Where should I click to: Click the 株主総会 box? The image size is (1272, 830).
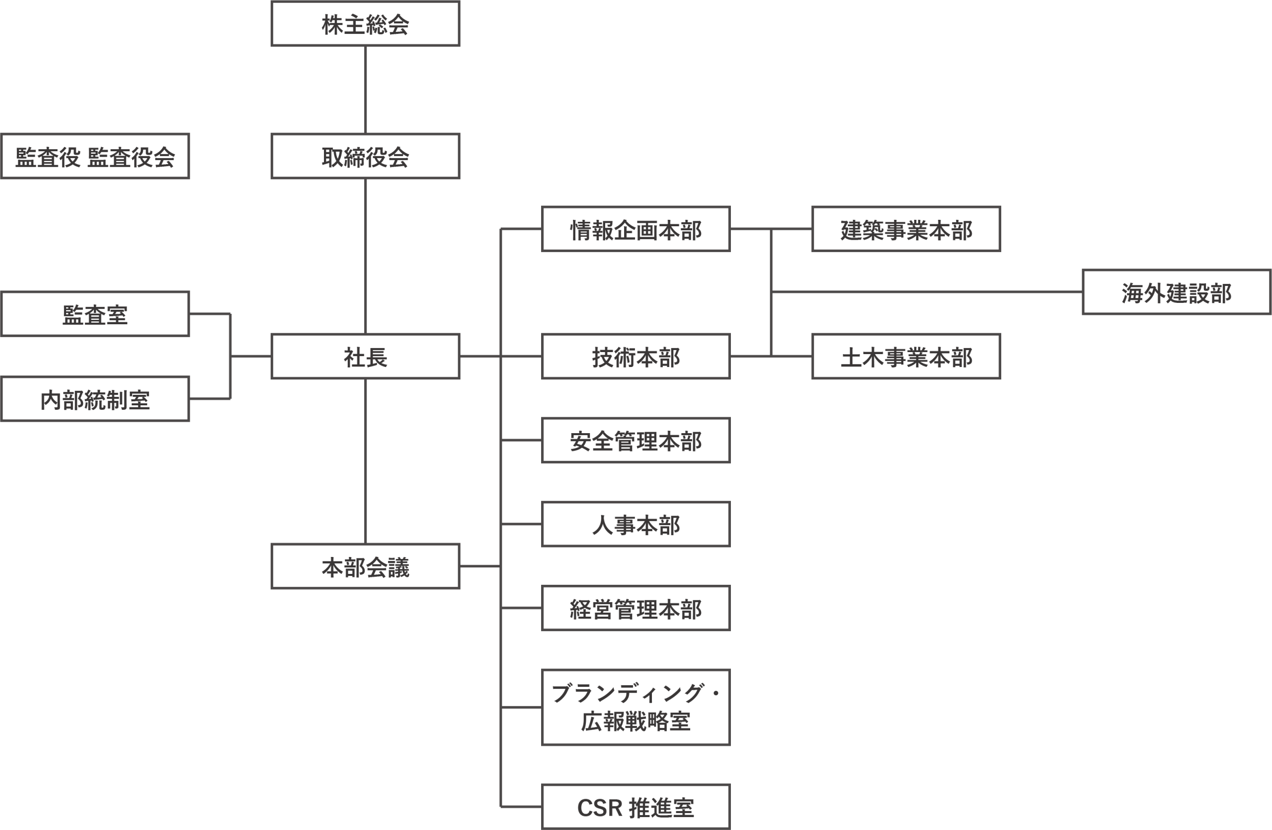tap(365, 24)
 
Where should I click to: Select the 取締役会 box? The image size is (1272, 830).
tap(365, 156)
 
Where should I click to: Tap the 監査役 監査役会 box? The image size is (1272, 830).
tap(95, 156)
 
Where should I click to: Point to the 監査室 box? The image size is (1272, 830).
tap(95, 314)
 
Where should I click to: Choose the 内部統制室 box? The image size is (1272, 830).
tap(95, 399)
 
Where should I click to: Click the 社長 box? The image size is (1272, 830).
tap(365, 357)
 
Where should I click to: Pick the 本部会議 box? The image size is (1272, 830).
tap(365, 566)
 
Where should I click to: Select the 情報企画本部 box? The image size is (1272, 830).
tap(636, 229)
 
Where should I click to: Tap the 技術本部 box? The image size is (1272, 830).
tap(636, 357)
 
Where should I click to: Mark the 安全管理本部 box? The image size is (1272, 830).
tap(636, 440)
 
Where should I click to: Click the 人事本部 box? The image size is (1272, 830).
tap(636, 524)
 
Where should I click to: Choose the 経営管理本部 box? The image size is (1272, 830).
tap(636, 608)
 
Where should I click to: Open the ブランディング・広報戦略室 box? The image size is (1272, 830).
tap(636, 707)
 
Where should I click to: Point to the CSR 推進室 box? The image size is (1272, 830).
tap(636, 807)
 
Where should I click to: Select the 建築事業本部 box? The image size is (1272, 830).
tap(906, 229)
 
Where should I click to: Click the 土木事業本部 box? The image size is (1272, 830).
tap(906, 357)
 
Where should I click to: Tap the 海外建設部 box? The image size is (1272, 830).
tap(1176, 292)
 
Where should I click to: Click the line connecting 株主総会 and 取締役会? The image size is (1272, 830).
tap(365, 90)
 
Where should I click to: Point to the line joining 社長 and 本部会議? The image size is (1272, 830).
tap(365, 461)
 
